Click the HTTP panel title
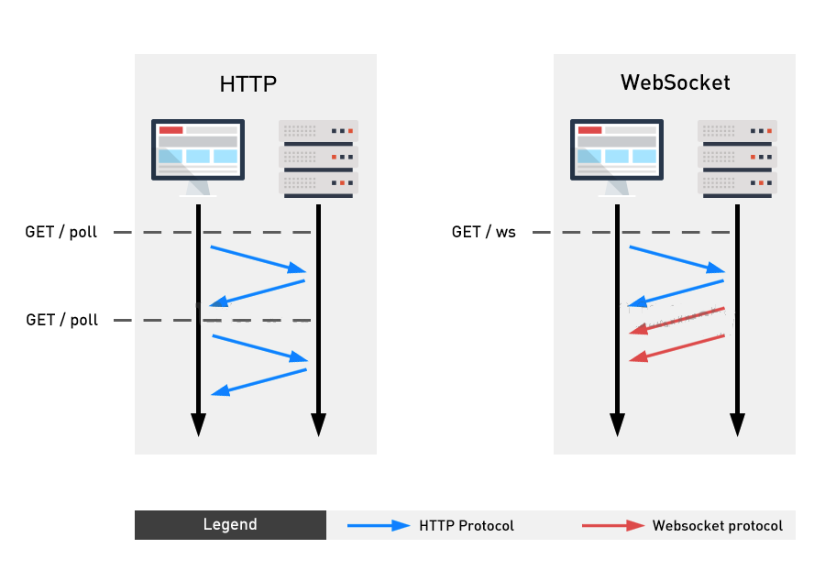point(247,84)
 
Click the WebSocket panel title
point(675,82)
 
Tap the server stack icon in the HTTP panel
point(318,158)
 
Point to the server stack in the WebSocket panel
point(737,158)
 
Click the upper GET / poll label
point(60,233)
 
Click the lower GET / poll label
point(61,320)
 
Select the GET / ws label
point(484,233)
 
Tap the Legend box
point(230,525)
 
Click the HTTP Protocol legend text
point(467,526)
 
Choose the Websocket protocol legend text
point(718,526)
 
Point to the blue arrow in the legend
point(379,526)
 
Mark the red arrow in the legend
point(613,526)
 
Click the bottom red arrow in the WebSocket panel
point(677,348)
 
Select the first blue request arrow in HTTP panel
point(258,258)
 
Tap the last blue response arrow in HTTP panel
point(258,382)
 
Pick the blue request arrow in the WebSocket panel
point(676,258)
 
